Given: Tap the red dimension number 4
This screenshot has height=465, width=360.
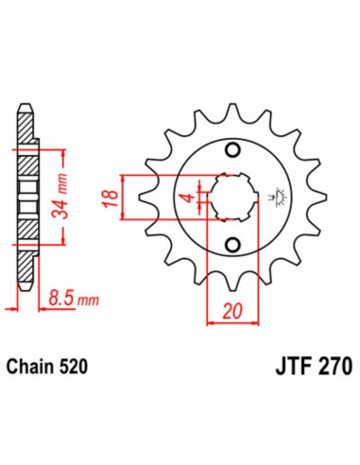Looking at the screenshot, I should (190, 198).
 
